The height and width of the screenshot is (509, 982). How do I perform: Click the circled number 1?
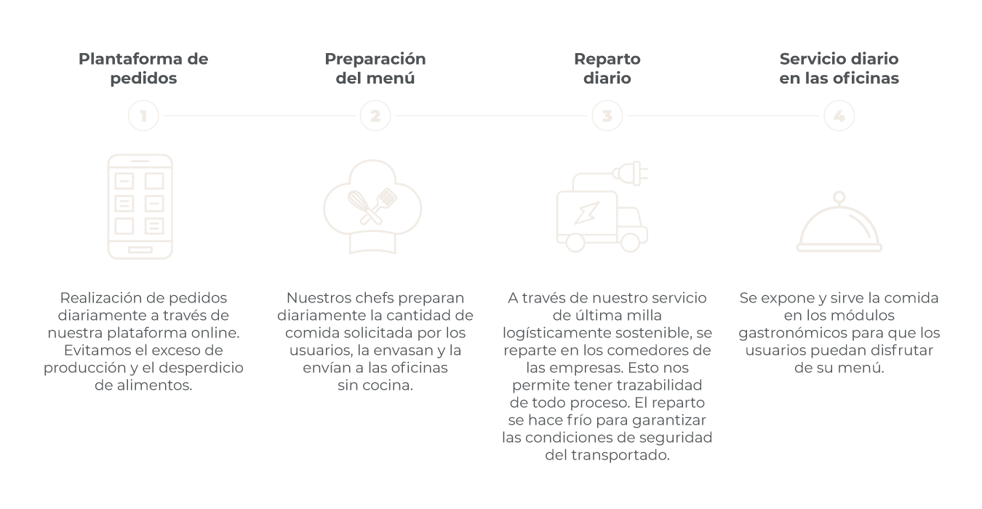[143, 116]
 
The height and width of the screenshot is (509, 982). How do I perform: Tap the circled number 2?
[375, 116]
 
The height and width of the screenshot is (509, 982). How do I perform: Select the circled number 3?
[607, 116]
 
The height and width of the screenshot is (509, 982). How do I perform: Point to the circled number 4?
[839, 116]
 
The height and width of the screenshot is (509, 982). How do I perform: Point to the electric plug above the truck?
[631, 173]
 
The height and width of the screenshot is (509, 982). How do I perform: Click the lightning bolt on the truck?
[587, 212]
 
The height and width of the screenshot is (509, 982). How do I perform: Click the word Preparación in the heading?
[375, 59]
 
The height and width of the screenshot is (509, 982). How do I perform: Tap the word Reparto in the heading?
[607, 59]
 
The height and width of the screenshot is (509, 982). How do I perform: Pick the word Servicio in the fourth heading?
[807, 59]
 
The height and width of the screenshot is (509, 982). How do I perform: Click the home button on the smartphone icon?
[140, 250]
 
